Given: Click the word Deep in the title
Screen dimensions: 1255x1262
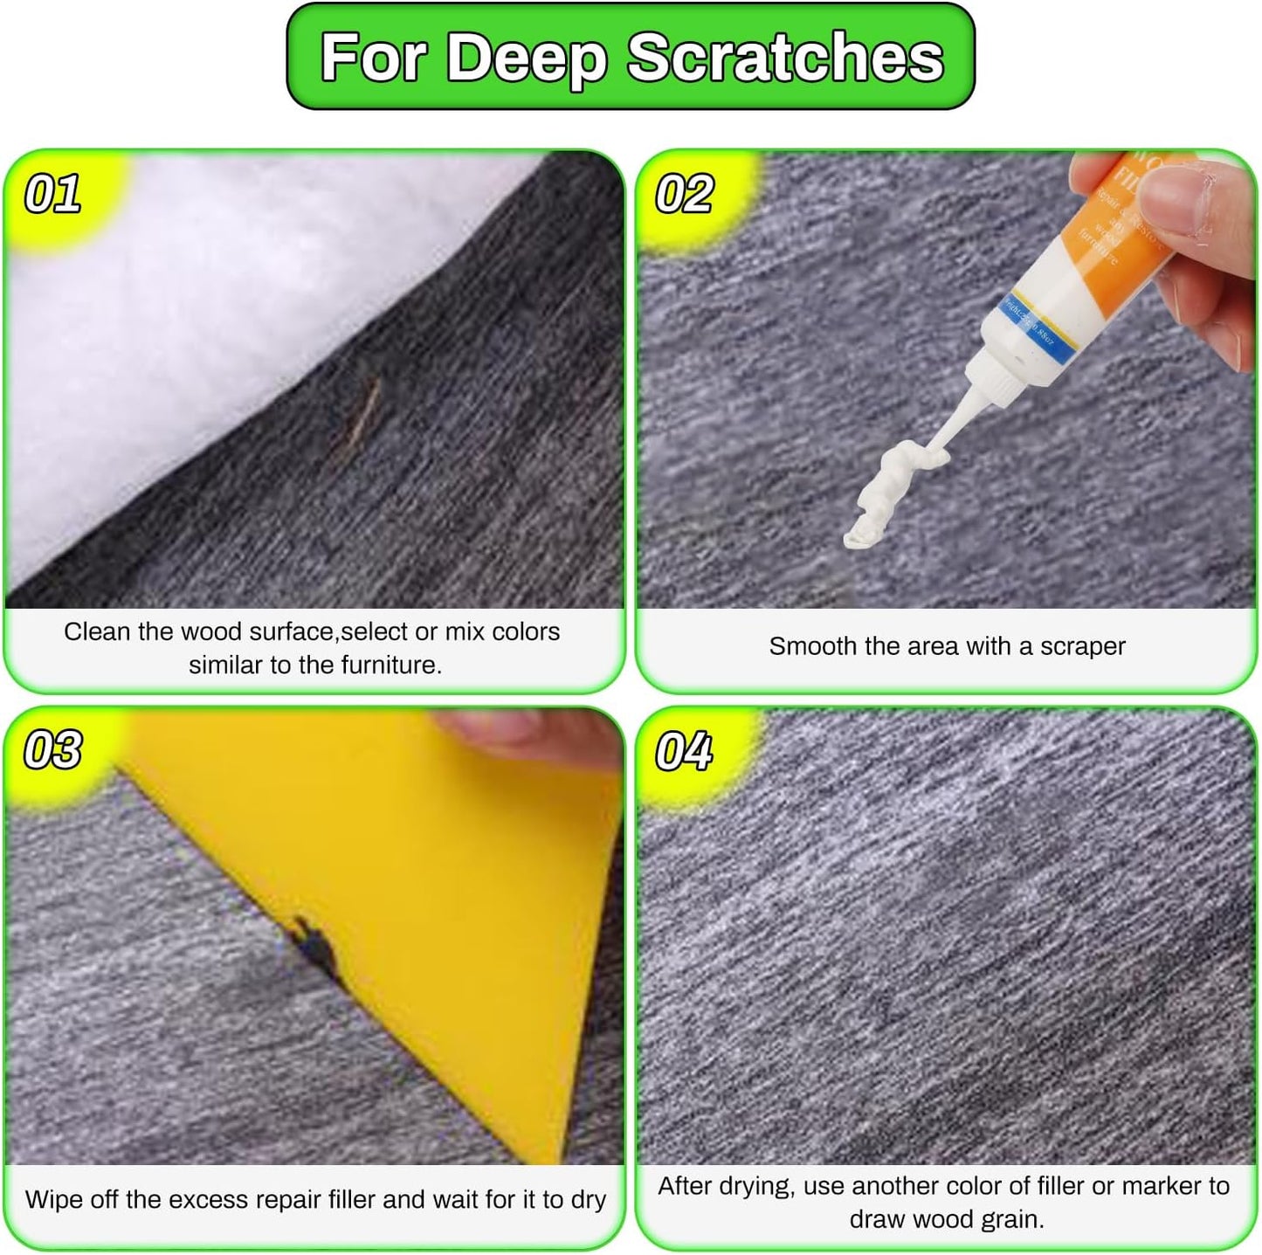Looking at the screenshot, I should click(x=527, y=59).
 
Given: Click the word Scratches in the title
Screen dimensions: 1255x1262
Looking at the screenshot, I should click(x=785, y=59).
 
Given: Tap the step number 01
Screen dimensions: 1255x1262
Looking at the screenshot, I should click(x=52, y=194).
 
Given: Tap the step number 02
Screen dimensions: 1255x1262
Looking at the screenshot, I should click(x=684, y=194).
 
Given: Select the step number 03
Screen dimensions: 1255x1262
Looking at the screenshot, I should click(x=52, y=750).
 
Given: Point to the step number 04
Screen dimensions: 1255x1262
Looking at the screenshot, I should click(x=684, y=751).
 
